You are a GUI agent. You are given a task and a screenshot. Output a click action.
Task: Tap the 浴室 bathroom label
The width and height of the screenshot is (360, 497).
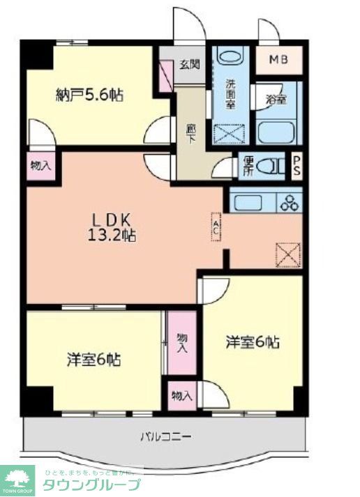tap(275, 99)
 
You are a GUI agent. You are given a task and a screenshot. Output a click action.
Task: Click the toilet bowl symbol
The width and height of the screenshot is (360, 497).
tap(269, 166)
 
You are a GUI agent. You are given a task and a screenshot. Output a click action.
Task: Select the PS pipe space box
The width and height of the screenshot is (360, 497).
tap(297, 166)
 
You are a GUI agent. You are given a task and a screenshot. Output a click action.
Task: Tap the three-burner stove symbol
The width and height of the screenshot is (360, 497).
tap(288, 203)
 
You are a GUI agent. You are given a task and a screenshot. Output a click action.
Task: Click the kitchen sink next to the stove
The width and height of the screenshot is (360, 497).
tap(248, 203)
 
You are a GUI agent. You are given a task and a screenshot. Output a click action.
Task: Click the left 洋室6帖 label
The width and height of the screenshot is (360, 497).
tap(93, 360)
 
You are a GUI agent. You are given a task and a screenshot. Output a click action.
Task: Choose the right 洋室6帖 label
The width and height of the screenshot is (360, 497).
tap(253, 342)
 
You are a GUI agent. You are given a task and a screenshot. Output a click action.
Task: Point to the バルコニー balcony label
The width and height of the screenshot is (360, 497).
tap(165, 436)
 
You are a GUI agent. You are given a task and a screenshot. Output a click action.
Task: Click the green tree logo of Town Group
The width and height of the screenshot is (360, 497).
tap(17, 479)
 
